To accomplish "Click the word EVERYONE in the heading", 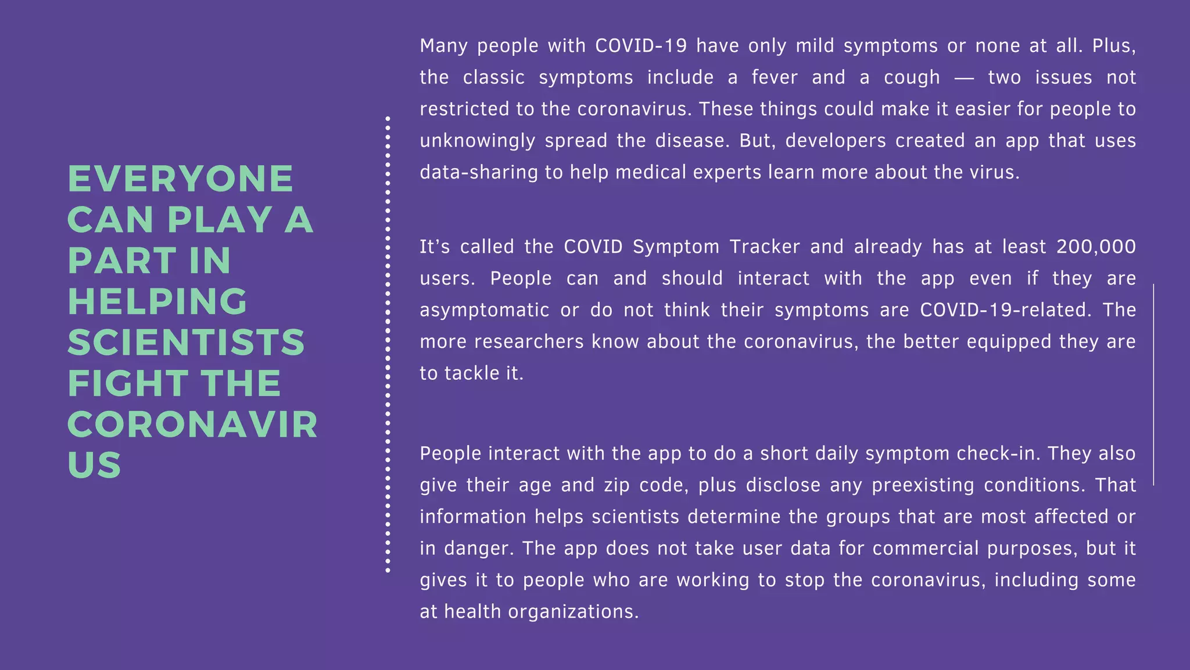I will pyautogui.click(x=181, y=179).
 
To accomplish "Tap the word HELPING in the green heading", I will pyautogui.click(x=157, y=301).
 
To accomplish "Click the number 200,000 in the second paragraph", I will pyautogui.click(x=1096, y=247).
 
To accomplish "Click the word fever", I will pyautogui.click(x=775, y=77).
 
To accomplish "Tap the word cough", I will pyautogui.click(x=912, y=77).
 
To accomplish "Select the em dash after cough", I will pyautogui.click(x=964, y=77).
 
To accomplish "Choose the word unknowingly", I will pyautogui.click(x=477, y=141).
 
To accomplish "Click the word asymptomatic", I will pyautogui.click(x=484, y=310).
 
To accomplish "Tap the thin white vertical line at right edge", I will pyautogui.click(x=1153, y=384).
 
